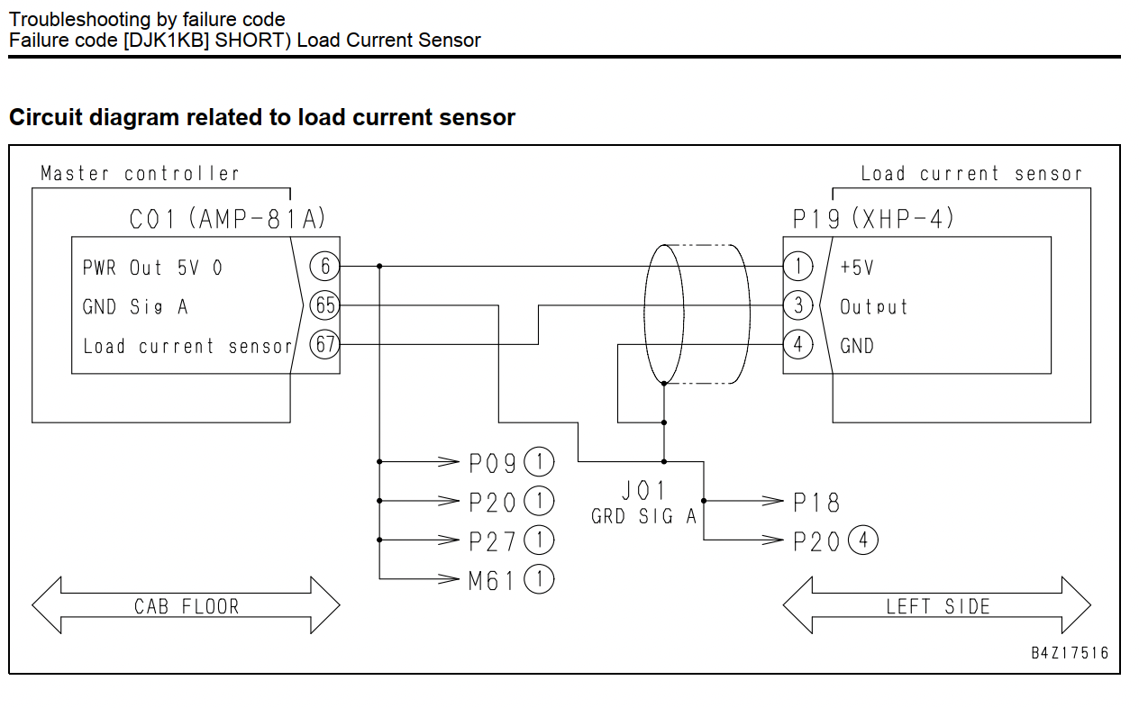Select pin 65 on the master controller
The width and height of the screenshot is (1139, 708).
tap(324, 305)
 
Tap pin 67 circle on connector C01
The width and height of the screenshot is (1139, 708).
tap(324, 345)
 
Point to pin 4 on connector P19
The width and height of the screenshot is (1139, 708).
tap(797, 345)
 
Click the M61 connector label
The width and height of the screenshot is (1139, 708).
tap(491, 580)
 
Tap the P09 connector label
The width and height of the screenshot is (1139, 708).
tap(492, 463)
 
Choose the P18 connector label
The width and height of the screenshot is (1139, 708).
tap(816, 502)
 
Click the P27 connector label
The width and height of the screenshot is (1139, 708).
tap(492, 541)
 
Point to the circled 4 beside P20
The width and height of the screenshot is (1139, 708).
tap(863, 540)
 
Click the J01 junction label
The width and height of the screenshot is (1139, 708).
tap(643, 491)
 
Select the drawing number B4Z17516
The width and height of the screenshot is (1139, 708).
tap(1070, 652)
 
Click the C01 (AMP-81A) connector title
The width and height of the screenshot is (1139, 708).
tap(227, 219)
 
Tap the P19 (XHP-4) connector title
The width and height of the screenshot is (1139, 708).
tap(873, 219)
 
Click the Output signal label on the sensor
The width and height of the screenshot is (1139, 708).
tap(873, 307)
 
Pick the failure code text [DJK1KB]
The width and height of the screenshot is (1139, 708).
tap(167, 41)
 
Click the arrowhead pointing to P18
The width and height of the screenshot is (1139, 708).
tap(772, 501)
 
